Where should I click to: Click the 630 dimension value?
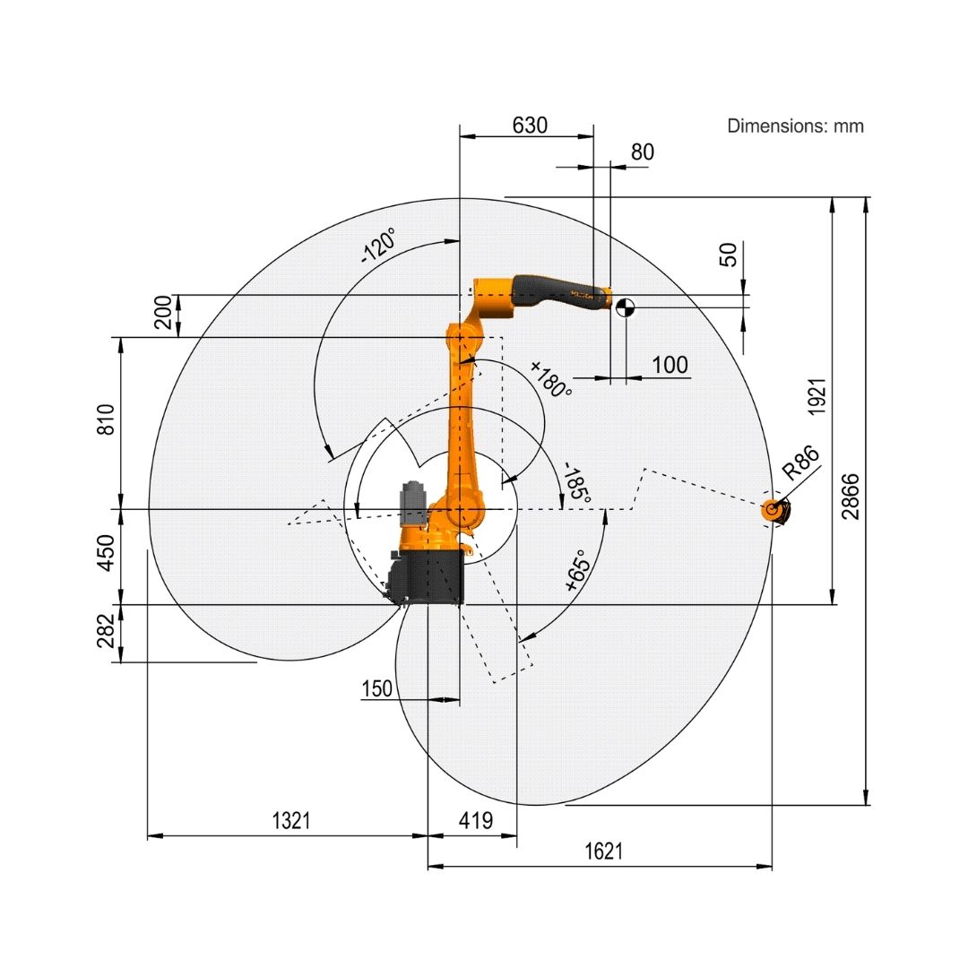pyautogui.click(x=530, y=125)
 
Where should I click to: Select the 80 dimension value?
pyautogui.click(x=642, y=151)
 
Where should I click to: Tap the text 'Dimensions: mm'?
pyautogui.click(x=795, y=126)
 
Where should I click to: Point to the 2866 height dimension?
pyautogui.click(x=850, y=497)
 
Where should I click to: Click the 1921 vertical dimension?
pyautogui.click(x=817, y=396)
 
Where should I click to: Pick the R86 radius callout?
pyautogui.click(x=800, y=462)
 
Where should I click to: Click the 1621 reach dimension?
pyautogui.click(x=603, y=851)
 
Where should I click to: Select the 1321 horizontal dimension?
pyautogui.click(x=290, y=820)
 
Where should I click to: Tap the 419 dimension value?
pyautogui.click(x=475, y=820)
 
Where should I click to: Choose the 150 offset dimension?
pyautogui.click(x=376, y=688)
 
